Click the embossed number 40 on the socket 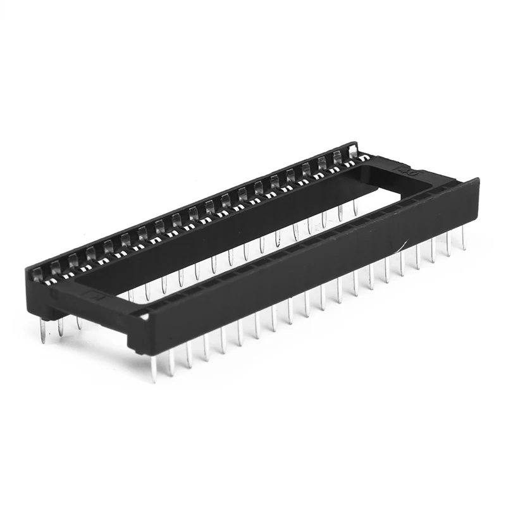pos(403,170)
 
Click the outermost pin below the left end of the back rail pos(43,329)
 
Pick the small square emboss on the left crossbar pos(95,294)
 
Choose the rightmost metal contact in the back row pos(352,152)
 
